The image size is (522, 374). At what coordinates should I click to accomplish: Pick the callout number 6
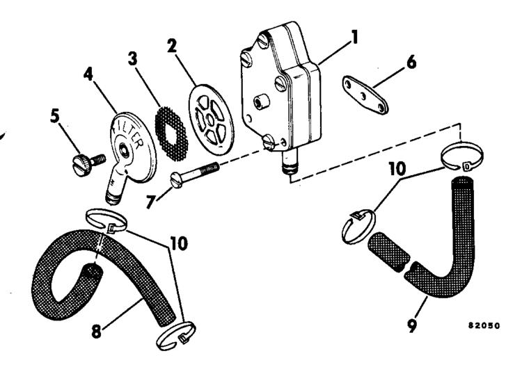(411, 63)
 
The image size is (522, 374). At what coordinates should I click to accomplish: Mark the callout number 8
(97, 330)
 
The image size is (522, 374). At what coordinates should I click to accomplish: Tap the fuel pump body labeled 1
(278, 90)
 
